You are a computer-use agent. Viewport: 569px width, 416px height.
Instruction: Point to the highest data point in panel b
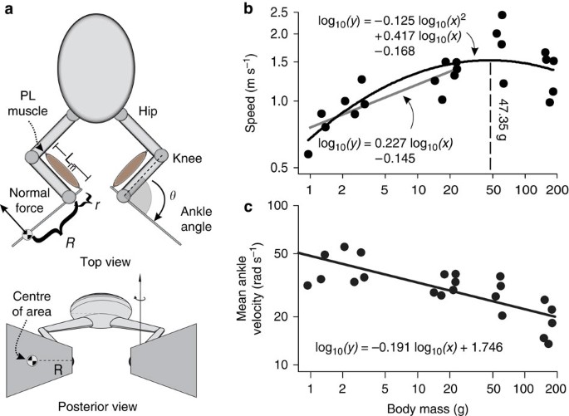[502, 16]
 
